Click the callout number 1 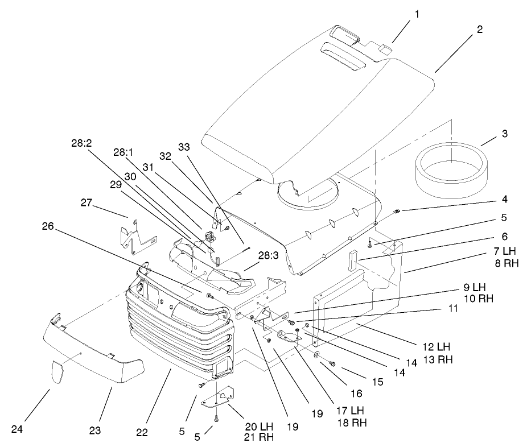point(417,14)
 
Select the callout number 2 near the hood point(480,30)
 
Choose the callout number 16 point(356,393)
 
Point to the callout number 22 point(142,433)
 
